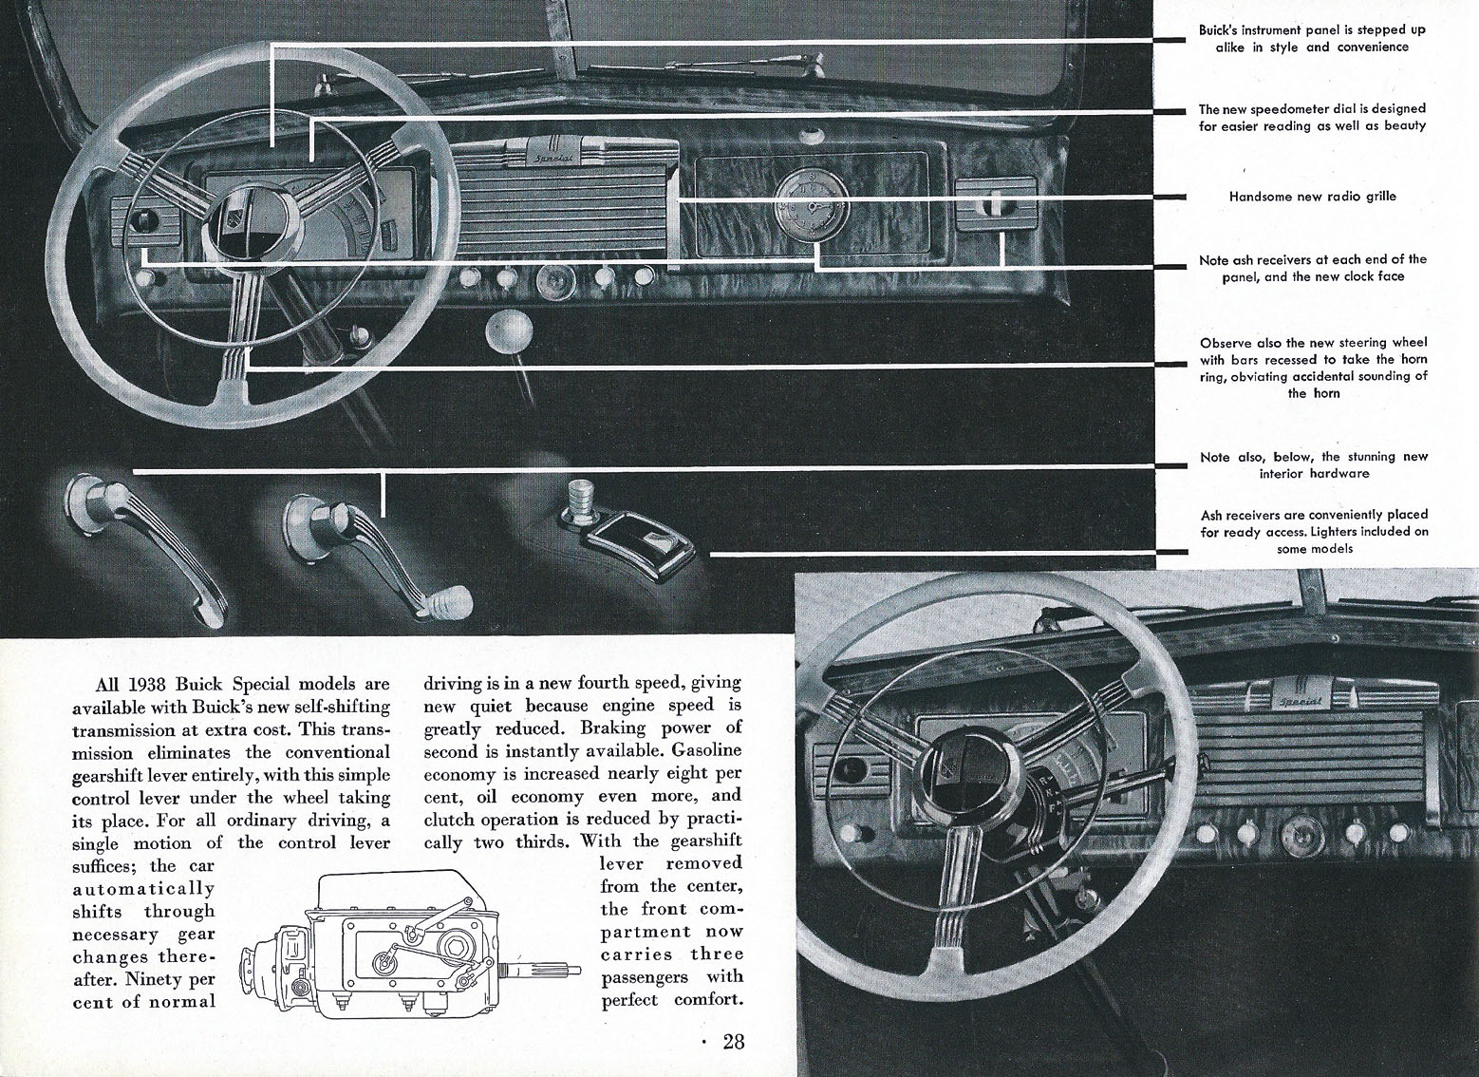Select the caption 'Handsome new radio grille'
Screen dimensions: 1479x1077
click(x=1313, y=197)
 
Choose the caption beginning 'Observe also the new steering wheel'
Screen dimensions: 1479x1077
click(x=1313, y=368)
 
